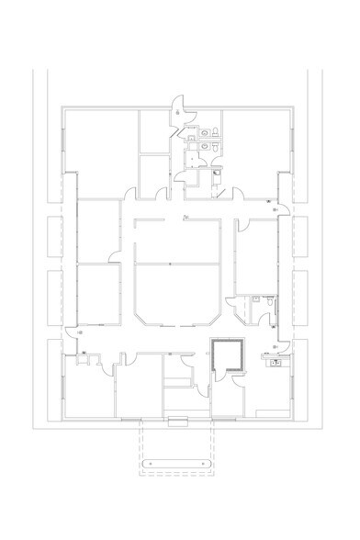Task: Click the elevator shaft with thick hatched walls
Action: pyautogui.click(x=226, y=354)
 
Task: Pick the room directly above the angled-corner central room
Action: pyautogui.click(x=178, y=241)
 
